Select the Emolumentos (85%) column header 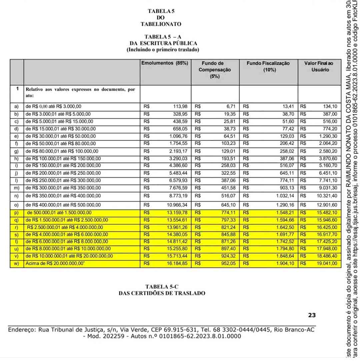point(165,63)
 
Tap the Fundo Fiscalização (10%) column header point(268,66)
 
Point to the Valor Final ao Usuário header point(318,66)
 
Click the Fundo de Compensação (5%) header point(215,70)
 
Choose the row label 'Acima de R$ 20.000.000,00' point(59,264)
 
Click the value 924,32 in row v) point(228,256)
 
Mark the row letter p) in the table point(16,213)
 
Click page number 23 point(312,315)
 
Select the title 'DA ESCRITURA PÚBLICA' point(163,43)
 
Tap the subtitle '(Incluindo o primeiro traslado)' point(163,50)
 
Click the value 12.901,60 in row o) point(327,205)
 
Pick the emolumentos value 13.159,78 point(177,213)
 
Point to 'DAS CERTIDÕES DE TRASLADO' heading point(162,293)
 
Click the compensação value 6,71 point(231,107)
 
